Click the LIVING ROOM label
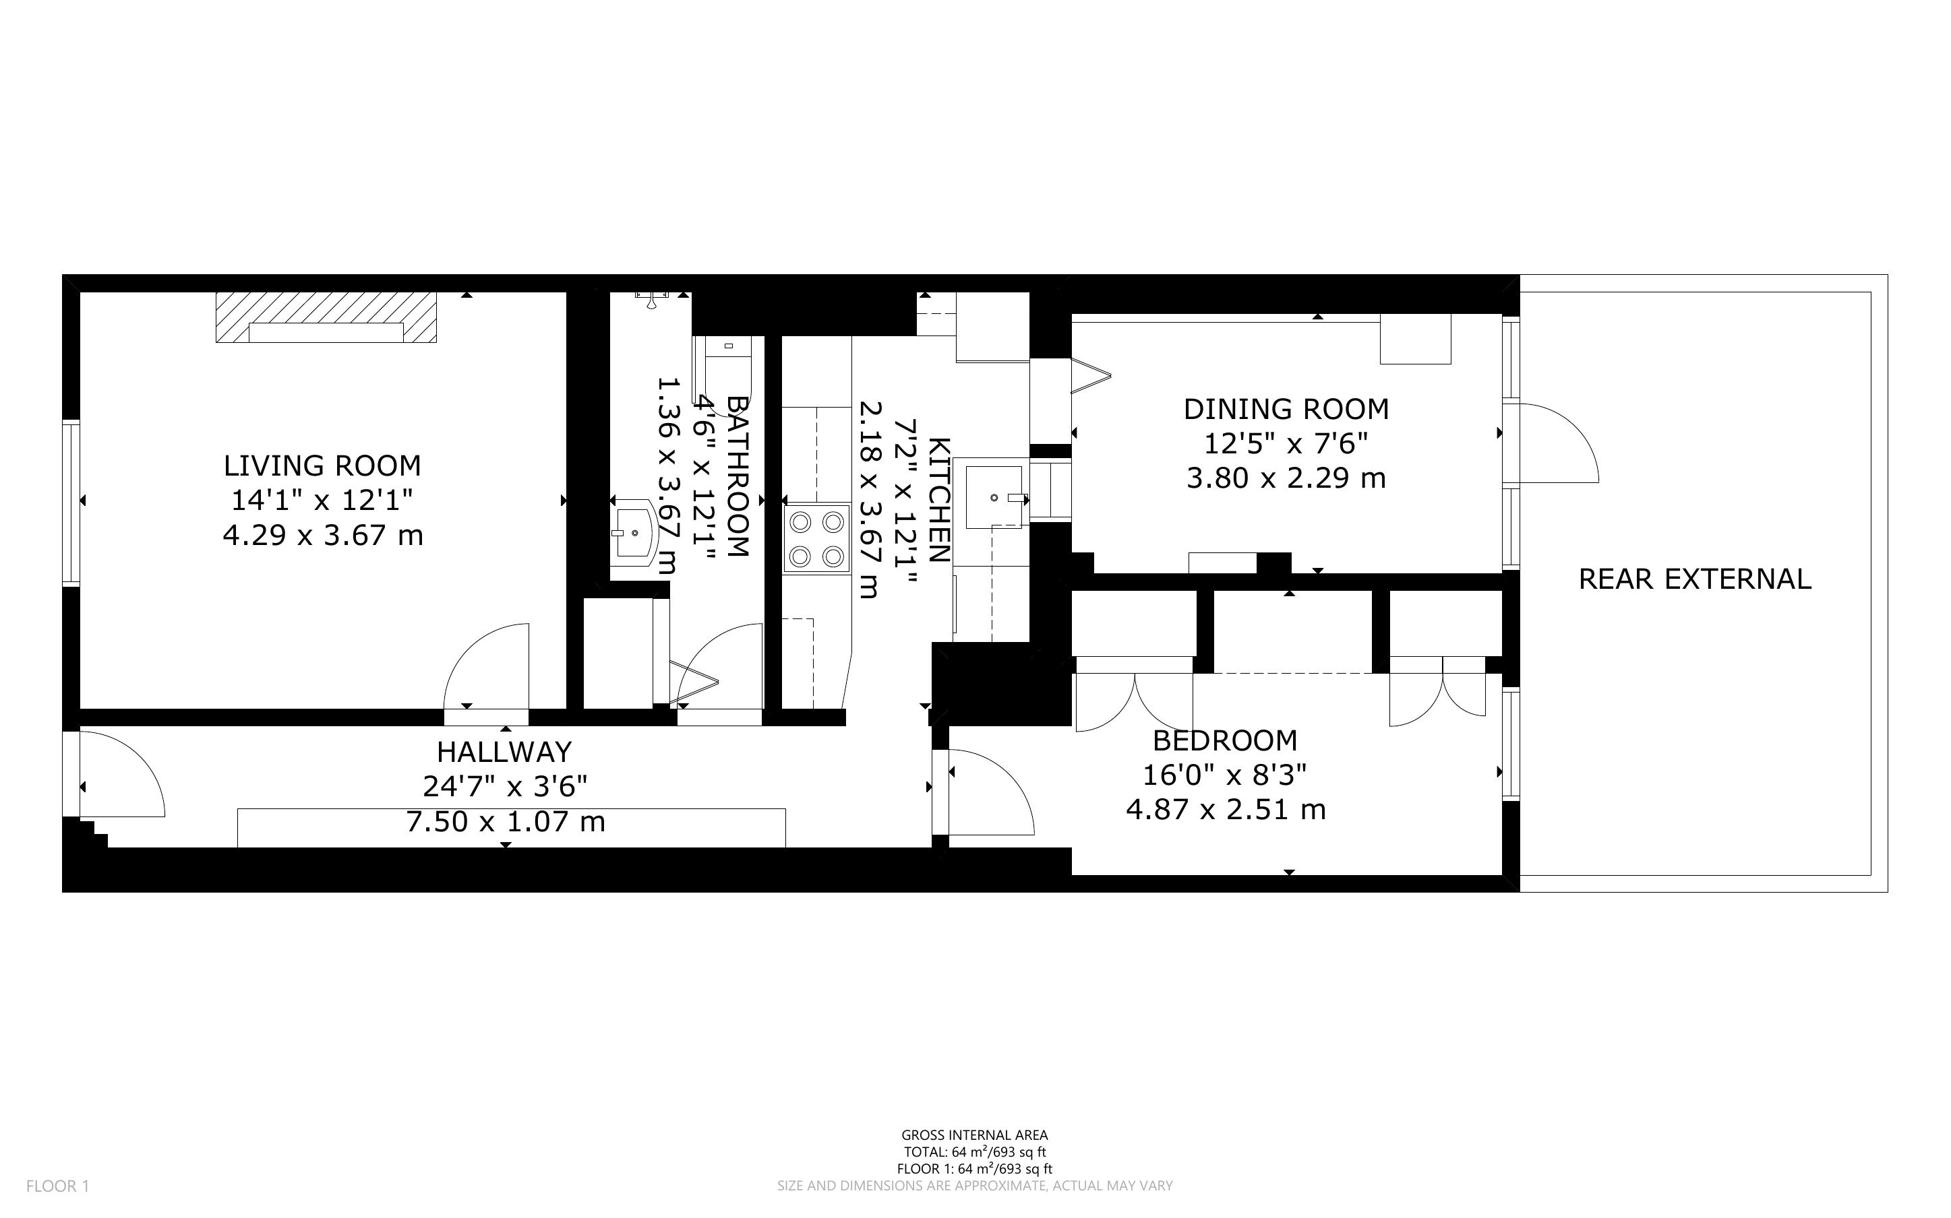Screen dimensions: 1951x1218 (322, 466)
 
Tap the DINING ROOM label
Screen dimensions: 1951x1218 (1286, 409)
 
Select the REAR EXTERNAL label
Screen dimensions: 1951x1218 (1695, 579)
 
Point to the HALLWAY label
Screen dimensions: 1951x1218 (504, 752)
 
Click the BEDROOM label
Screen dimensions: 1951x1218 (1225, 740)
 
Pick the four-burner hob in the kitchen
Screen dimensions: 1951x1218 (817, 539)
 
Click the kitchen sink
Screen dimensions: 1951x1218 (994, 497)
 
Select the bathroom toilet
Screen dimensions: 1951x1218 (722, 360)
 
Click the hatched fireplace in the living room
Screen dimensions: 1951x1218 (326, 317)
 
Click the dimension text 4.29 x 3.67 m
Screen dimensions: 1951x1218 (322, 535)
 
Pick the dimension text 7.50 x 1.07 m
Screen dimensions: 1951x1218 (505, 822)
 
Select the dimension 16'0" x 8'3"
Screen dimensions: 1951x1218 (1225, 775)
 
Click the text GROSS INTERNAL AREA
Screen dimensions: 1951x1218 (974, 1136)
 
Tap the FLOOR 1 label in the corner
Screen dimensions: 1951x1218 (58, 1186)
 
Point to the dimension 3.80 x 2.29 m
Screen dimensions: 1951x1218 (1286, 478)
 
